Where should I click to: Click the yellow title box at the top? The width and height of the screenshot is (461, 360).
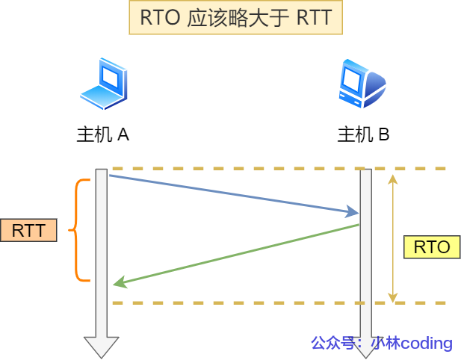tap(235, 18)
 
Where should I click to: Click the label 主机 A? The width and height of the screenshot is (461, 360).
tap(103, 135)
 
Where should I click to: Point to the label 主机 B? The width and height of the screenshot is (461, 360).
tap(363, 135)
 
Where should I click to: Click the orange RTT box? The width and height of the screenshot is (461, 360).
tap(29, 230)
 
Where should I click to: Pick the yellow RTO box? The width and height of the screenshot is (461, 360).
tap(431, 247)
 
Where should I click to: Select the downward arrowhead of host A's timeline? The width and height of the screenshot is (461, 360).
tap(102, 347)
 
